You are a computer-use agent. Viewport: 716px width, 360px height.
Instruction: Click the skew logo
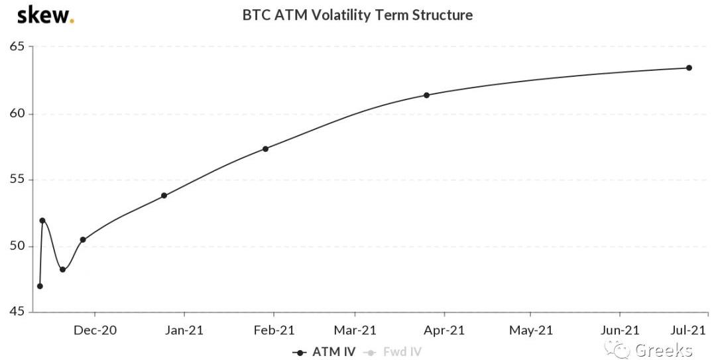click(44, 14)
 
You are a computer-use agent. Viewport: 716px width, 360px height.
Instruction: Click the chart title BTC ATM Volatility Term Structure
click(357, 15)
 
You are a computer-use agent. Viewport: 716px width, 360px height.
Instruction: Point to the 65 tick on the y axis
click(17, 46)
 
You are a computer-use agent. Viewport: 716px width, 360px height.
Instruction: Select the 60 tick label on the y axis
click(17, 113)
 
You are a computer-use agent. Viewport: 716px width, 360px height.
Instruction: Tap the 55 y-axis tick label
click(17, 180)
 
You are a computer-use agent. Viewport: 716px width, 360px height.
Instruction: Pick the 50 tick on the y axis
click(17, 246)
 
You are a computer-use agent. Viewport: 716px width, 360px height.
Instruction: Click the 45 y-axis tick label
click(17, 312)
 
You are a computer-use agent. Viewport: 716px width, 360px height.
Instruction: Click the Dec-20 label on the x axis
click(95, 330)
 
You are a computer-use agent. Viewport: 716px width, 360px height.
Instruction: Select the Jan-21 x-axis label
click(184, 330)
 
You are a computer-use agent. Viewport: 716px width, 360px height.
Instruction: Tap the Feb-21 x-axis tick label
click(273, 330)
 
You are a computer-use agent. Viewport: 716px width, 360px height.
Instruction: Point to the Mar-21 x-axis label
click(355, 330)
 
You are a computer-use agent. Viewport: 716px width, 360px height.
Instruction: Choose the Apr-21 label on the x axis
click(444, 330)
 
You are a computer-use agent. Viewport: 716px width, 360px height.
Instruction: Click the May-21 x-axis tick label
click(530, 330)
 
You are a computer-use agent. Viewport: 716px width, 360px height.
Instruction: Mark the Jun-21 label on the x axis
click(619, 330)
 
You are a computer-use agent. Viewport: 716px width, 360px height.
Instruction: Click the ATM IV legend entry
click(325, 352)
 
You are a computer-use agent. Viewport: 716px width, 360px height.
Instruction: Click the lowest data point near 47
click(40, 286)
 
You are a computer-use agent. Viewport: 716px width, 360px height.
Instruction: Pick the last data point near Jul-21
click(689, 68)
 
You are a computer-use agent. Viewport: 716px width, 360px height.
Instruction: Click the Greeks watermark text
click(663, 350)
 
